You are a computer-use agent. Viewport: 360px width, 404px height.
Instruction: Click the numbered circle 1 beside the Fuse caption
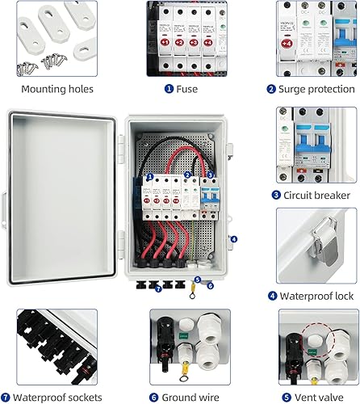click(169, 89)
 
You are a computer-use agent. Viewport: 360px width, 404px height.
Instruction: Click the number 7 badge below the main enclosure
click(158, 288)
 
